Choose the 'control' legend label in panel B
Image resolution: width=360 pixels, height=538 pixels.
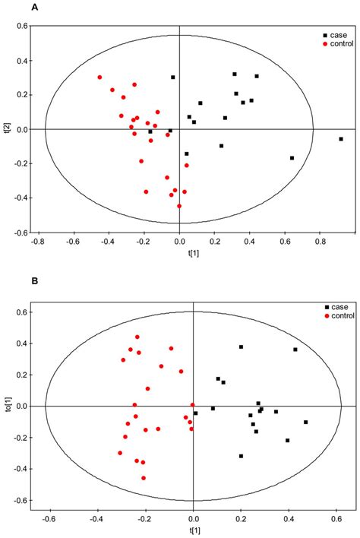pyautogui.click(x=343, y=315)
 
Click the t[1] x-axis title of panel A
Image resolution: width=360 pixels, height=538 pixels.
pyautogui.click(x=179, y=258)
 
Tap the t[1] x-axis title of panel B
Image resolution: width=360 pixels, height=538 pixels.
pyautogui.click(x=193, y=532)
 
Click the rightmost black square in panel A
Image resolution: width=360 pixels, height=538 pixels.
pyautogui.click(x=341, y=139)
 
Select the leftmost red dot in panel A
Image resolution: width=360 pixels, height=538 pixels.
pyautogui.click(x=99, y=78)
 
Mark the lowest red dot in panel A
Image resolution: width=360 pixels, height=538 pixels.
pyautogui.click(x=179, y=206)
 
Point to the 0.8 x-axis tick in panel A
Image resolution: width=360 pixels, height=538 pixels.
pyautogui.click(x=320, y=244)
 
